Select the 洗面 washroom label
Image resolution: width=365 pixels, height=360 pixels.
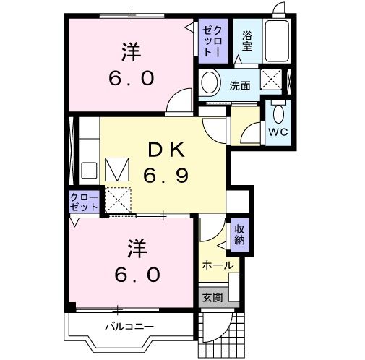click(240, 85)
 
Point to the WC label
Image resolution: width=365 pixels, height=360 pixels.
click(278, 132)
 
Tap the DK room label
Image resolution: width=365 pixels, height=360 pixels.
click(167, 150)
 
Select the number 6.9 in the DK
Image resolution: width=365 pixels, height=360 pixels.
click(167, 175)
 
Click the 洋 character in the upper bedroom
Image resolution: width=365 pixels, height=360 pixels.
click(130, 53)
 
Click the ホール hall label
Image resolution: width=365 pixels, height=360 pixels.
click(218, 265)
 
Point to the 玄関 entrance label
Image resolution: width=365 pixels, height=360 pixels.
click(212, 296)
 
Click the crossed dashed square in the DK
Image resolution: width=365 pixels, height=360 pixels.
click(118, 199)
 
